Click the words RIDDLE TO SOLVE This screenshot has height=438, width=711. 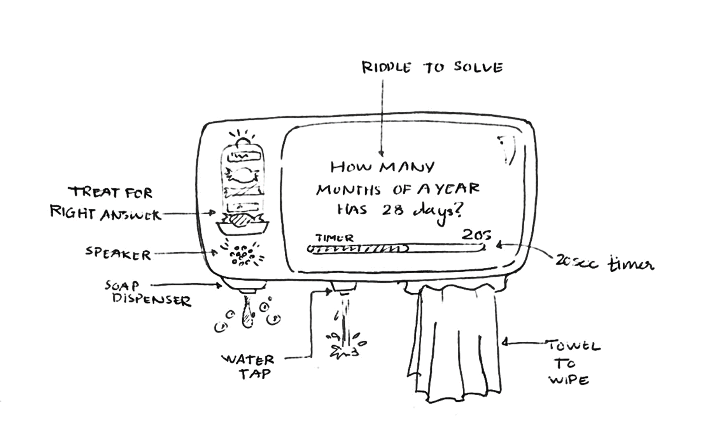click(432, 67)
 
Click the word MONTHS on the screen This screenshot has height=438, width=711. click(348, 190)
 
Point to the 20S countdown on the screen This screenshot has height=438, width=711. click(476, 234)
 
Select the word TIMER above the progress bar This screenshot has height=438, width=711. click(334, 237)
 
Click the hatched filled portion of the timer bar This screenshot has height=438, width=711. click(358, 249)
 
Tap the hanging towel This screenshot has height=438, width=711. click(455, 343)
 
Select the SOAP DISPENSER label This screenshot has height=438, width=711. click(148, 293)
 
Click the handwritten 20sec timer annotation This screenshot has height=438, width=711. click(605, 263)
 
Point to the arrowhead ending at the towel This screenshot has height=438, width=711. click(504, 343)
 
